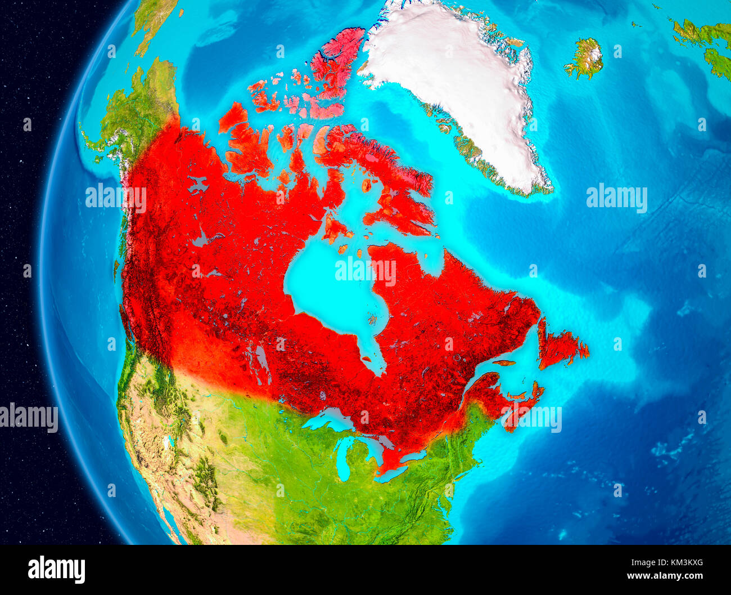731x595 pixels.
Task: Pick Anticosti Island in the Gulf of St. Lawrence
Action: click(x=503, y=363)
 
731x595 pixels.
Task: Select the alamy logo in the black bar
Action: click(x=56, y=569)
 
